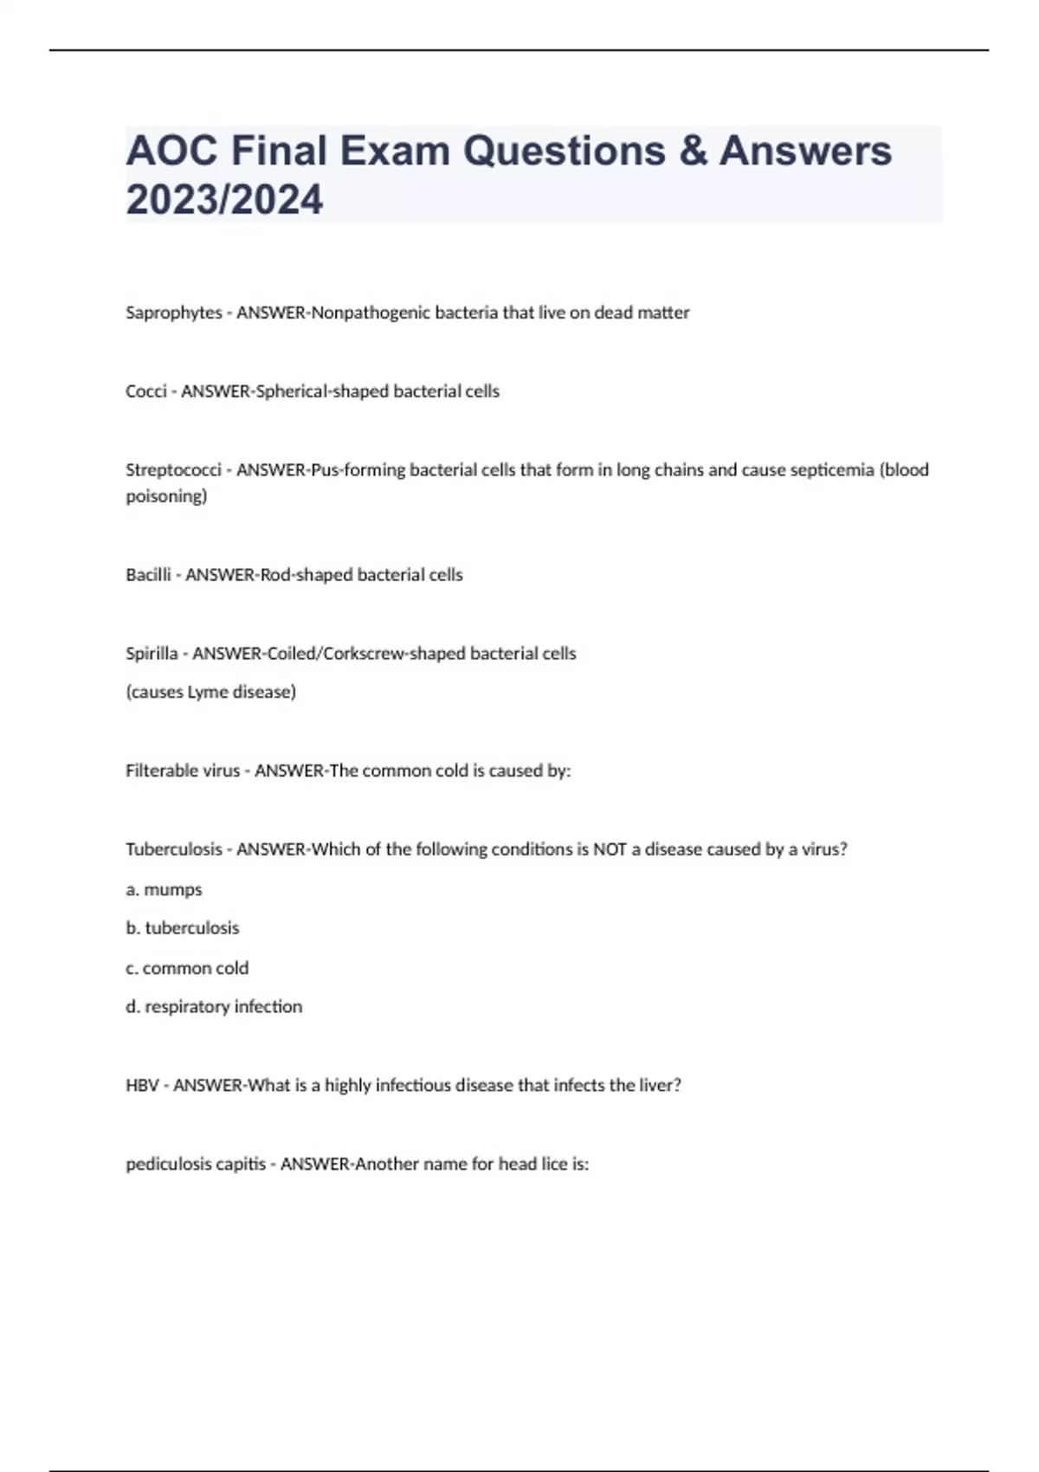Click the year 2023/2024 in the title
[x=224, y=199]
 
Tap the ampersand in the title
[x=693, y=151]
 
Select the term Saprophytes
[x=173, y=313]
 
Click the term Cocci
[x=145, y=391]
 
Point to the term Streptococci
[x=173, y=470]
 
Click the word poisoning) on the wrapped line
[x=166, y=496]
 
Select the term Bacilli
[x=148, y=575]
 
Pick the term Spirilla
[x=152, y=654]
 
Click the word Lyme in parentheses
[x=202, y=692]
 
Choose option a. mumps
[x=164, y=889]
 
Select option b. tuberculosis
[x=182, y=928]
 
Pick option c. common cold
[x=187, y=968]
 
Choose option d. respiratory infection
[x=214, y=1007]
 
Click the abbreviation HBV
[x=142, y=1086]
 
